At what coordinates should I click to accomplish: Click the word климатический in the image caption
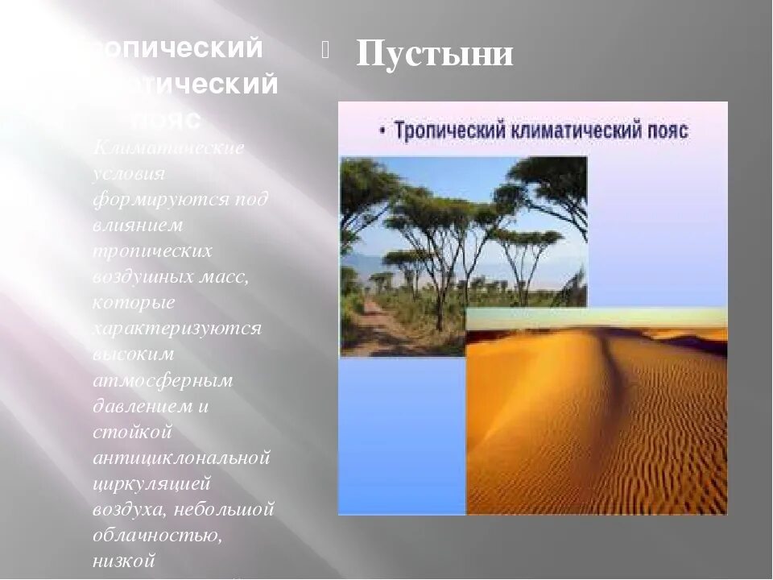[x=576, y=130]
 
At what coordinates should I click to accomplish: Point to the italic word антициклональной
[x=180, y=458]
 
